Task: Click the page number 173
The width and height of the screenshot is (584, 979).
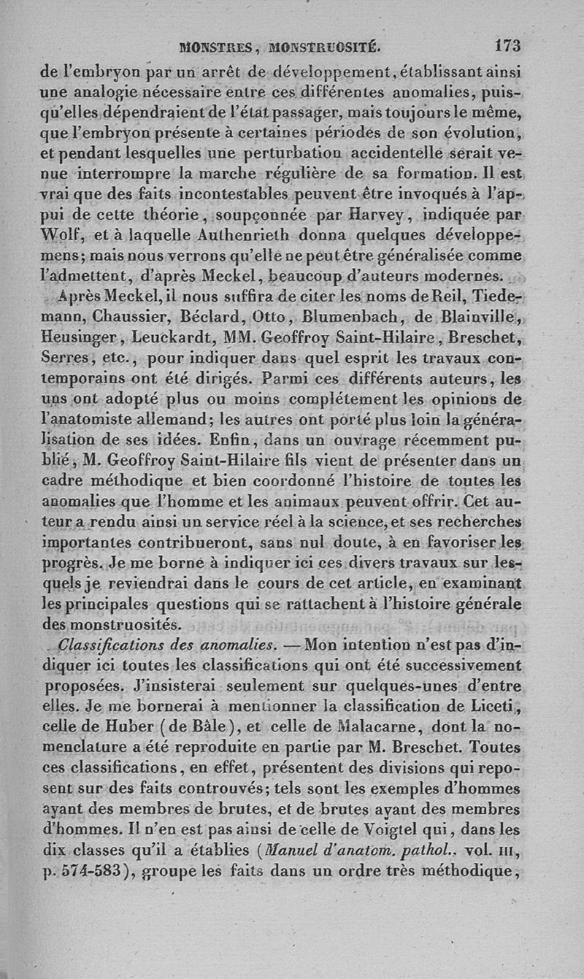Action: click(x=507, y=46)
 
